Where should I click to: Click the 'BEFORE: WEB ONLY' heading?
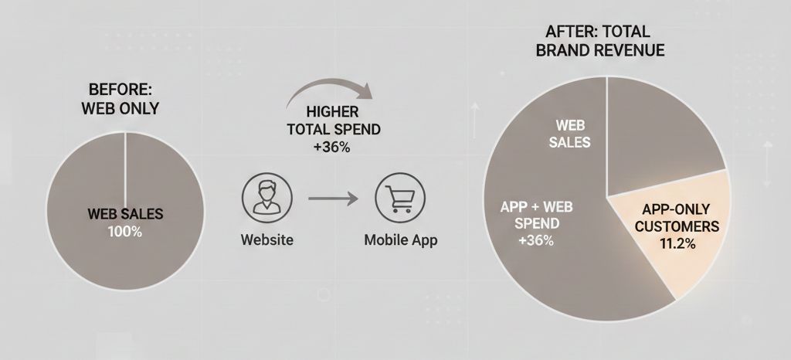point(120,99)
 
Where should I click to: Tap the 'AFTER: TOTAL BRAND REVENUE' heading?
point(599,41)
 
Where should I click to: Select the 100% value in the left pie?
point(125,232)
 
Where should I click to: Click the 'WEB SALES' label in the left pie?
point(125,214)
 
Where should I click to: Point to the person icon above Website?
point(266,198)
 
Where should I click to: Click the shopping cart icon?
point(400,198)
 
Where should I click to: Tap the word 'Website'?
point(266,239)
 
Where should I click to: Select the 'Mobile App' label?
point(401,239)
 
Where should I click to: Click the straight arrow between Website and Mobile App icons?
point(333,199)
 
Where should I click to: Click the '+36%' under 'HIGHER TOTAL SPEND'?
point(333,148)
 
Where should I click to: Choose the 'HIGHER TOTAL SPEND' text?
point(334,120)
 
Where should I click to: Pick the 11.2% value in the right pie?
point(677,244)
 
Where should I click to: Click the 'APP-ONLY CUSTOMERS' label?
point(677,218)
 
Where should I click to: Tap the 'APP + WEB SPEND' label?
point(536,215)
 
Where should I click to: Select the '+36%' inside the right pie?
point(536,241)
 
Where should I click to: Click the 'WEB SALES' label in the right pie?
point(569,134)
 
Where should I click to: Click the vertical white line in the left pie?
point(125,169)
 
